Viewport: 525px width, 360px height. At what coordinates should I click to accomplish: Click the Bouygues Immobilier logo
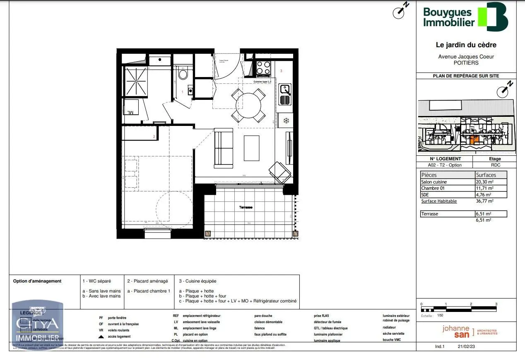click(x=465, y=17)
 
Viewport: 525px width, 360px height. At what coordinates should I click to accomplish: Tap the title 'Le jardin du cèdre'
click(x=466, y=45)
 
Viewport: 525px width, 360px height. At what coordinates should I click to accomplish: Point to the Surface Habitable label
click(x=439, y=201)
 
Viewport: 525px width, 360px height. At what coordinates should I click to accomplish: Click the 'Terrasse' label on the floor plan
click(x=246, y=207)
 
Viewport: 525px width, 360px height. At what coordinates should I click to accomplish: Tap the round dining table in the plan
click(x=248, y=105)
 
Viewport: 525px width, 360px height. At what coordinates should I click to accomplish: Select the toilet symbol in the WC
click(x=183, y=74)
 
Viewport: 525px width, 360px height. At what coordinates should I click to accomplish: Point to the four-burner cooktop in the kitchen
click(x=263, y=69)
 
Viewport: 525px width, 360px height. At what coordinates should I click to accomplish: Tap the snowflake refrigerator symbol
click(x=285, y=121)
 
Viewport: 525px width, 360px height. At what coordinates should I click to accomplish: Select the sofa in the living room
click(x=223, y=148)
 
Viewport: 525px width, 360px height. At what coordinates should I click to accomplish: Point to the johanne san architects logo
click(x=470, y=331)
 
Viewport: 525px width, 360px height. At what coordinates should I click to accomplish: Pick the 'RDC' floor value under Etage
click(x=495, y=165)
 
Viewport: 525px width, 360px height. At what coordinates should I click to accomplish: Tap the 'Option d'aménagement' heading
click(x=37, y=281)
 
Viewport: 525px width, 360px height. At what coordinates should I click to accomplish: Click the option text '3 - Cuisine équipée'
click(x=197, y=281)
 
